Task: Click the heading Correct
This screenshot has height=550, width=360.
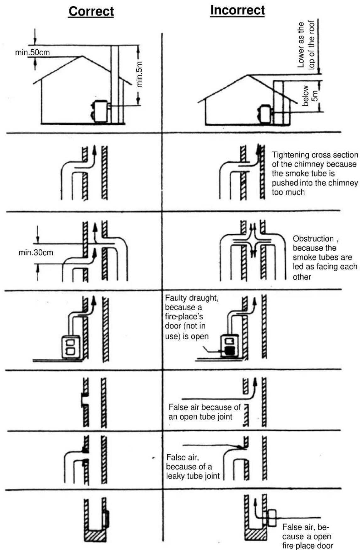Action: pyautogui.click(x=91, y=11)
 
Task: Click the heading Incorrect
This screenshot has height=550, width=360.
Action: pyautogui.click(x=237, y=10)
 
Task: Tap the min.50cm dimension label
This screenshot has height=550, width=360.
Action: pyautogui.click(x=32, y=52)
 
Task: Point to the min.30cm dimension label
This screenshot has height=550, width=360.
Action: pyautogui.click(x=36, y=252)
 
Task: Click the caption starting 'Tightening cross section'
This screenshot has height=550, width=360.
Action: pyautogui.click(x=314, y=173)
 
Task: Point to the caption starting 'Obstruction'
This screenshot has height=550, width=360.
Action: pyautogui.click(x=325, y=258)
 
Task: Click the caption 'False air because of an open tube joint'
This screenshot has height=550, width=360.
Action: pyautogui.click(x=204, y=412)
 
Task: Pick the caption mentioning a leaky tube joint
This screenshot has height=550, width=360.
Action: pyautogui.click(x=193, y=466)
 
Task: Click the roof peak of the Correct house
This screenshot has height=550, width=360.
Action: pyautogui.click(x=82, y=56)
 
